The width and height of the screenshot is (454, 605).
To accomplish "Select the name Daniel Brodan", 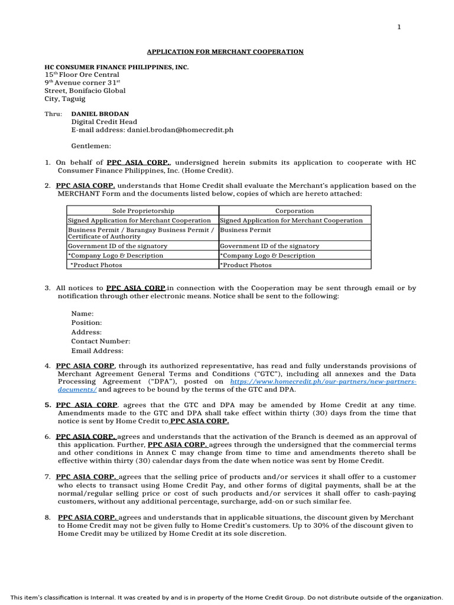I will tap(100, 113).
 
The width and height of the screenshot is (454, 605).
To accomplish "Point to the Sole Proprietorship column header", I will tap(143, 211).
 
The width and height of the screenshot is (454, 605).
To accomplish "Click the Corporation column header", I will tap(294, 211).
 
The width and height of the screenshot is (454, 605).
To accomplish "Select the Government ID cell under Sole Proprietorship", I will tap(118, 246).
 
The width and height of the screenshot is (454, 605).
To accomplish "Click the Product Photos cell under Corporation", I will tap(246, 265).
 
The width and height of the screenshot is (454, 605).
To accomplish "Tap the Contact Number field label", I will tap(100, 341).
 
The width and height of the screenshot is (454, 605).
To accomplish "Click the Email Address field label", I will tap(98, 351).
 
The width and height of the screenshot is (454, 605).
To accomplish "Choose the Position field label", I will tap(86, 323).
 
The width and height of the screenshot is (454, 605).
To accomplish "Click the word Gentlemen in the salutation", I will tap(91, 146).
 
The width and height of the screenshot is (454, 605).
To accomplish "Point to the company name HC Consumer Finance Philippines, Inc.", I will tap(116, 67).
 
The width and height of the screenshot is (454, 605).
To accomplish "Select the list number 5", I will tap(47, 405).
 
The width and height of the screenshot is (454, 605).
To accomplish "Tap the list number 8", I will tap(47, 518).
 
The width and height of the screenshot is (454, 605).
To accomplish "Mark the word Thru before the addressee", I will tap(53, 113).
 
